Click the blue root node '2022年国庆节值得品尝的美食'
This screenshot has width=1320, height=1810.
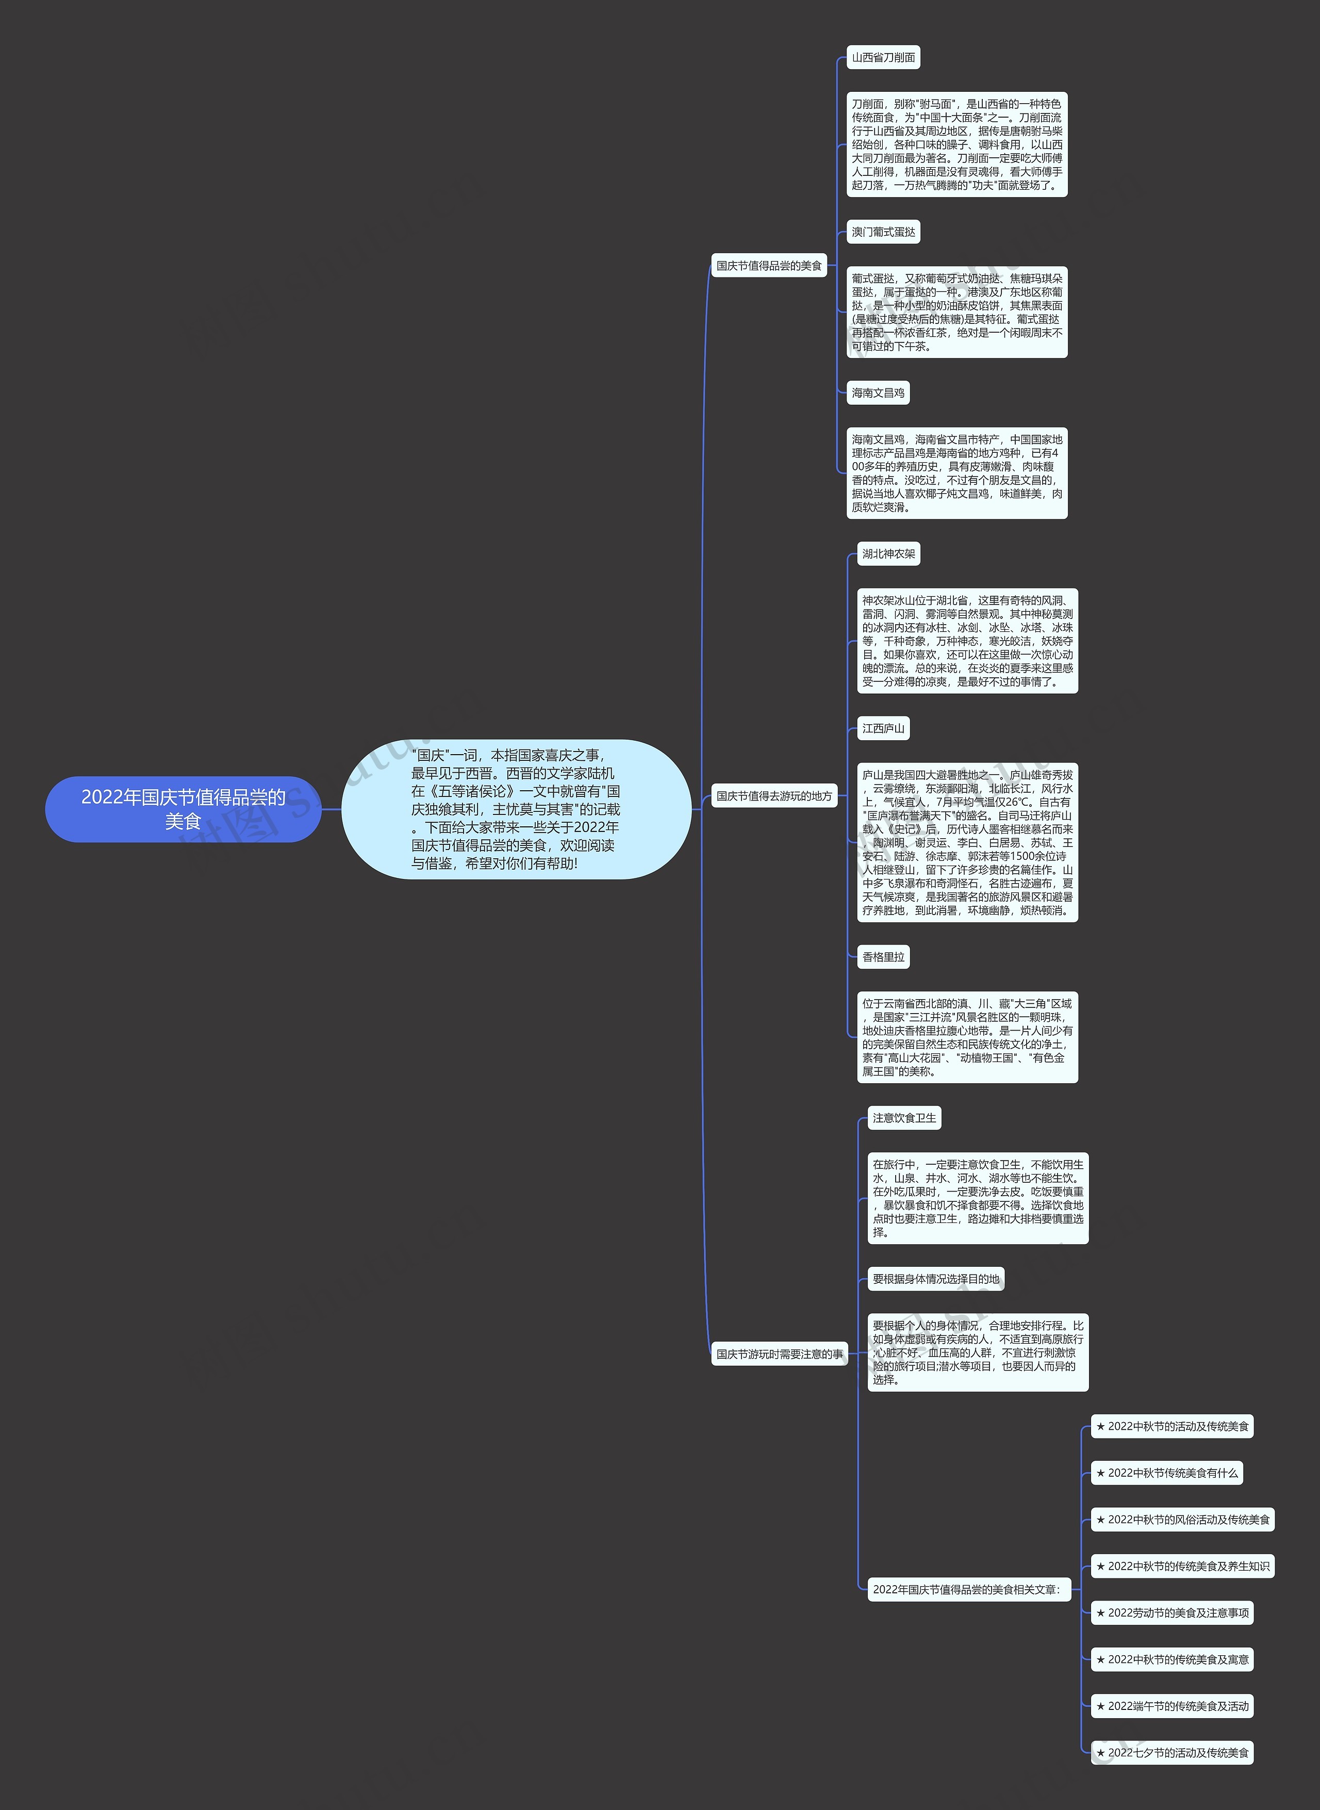183,809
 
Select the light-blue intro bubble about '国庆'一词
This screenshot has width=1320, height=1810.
516,809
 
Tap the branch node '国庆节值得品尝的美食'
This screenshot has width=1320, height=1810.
769,265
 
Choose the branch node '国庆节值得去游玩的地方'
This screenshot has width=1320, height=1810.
773,796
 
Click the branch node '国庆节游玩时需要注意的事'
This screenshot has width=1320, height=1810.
779,1354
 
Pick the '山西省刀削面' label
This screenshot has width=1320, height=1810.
883,58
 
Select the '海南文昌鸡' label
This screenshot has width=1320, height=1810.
878,393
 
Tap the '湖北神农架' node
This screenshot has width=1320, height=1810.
888,554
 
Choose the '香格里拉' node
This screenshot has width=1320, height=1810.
883,956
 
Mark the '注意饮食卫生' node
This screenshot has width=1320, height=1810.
904,1118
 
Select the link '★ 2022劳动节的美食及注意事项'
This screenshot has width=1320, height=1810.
1172,1612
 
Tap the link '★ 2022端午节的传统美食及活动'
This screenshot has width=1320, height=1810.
1172,1706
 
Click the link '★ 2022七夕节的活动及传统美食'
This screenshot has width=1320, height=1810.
1172,1752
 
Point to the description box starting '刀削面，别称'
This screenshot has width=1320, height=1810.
956,144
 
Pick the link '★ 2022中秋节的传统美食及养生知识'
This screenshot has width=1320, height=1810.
1182,1566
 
